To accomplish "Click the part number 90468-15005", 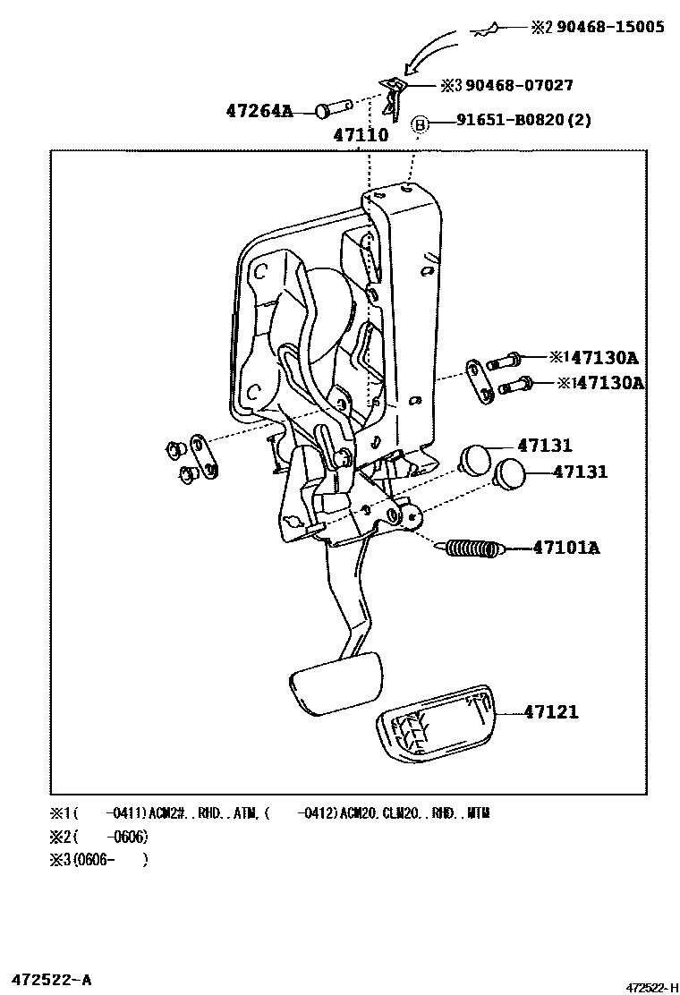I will pos(610,27).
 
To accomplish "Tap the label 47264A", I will pos(259,111).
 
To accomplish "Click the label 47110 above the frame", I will pos(361,136).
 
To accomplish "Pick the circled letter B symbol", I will pos(420,124).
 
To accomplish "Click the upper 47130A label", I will pos(604,358).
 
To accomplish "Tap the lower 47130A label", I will pos(611,383).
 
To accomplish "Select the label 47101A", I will pos(566,547).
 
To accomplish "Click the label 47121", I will pos(551,712).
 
